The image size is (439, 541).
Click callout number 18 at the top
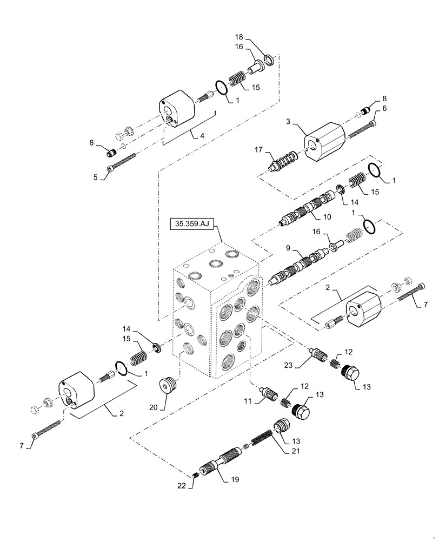coord(238,38)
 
